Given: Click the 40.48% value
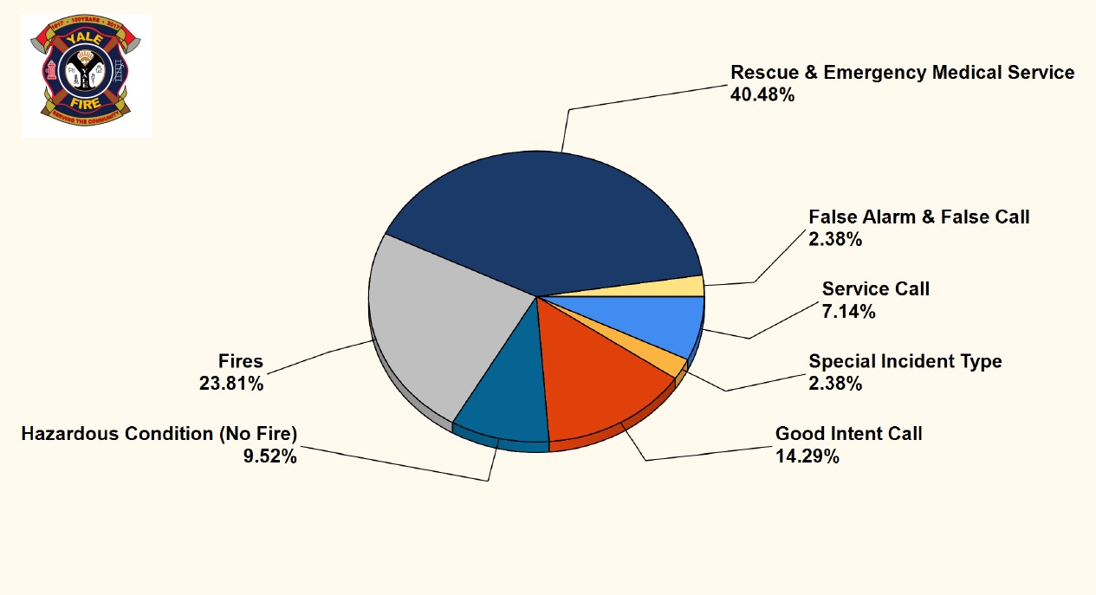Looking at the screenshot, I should tap(762, 95).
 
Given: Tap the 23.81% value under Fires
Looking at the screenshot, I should tap(231, 384).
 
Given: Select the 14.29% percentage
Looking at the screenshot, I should tap(807, 456).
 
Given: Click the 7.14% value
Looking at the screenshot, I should tap(848, 312).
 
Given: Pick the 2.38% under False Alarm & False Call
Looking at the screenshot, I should tap(835, 240).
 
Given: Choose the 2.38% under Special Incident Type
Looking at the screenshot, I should tap(835, 384).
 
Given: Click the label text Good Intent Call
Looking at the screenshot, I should tap(848, 433).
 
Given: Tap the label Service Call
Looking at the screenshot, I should tap(875, 288).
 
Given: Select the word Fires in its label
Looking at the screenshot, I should tap(240, 360).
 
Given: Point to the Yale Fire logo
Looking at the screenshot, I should tap(87, 75).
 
